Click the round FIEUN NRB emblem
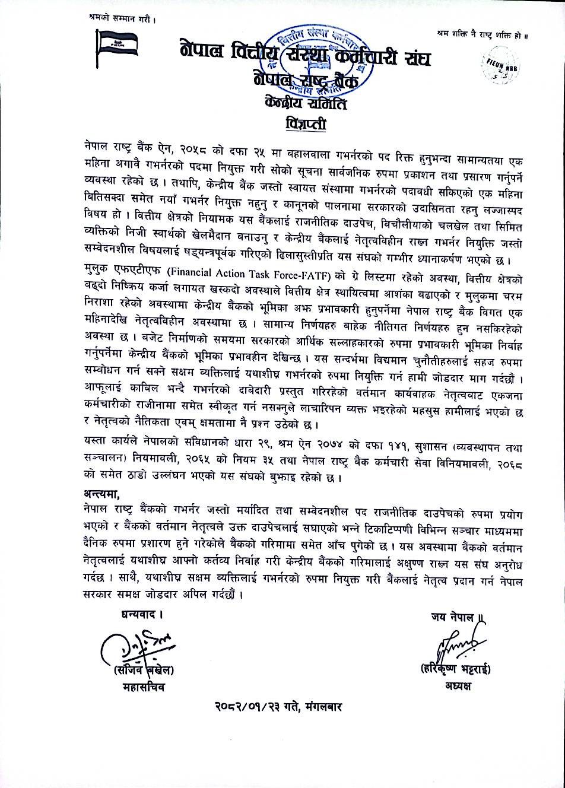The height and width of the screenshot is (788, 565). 500,63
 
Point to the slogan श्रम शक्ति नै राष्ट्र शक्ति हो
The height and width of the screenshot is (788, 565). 481,36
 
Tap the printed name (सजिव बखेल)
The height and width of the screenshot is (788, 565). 144,671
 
